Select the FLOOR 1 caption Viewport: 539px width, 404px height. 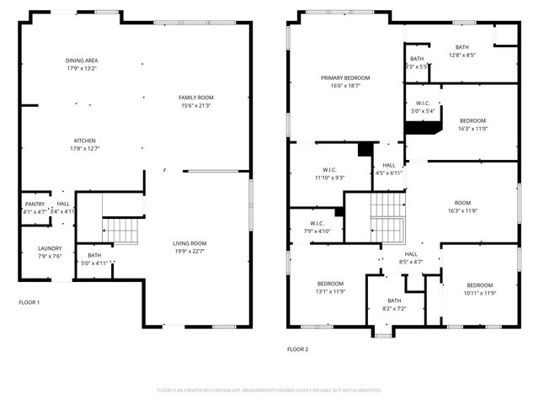(x=29, y=301)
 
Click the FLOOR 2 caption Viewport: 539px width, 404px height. (x=297, y=348)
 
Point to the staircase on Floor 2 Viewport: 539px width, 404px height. (x=387, y=216)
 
